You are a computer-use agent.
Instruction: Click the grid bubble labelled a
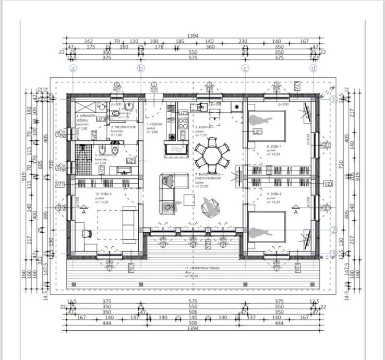pos(73,68)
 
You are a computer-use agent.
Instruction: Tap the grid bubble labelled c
pos(245,68)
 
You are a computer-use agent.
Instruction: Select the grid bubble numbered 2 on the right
pos(333,230)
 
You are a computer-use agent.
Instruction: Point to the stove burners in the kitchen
pos(183,124)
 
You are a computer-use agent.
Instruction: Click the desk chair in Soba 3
pos(89,234)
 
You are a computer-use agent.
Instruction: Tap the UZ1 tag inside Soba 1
pos(257,132)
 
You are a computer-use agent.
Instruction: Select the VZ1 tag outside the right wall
pos(328,184)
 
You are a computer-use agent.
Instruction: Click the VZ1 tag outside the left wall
pos(59,184)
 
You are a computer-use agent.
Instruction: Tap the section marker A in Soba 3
pos(83,212)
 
